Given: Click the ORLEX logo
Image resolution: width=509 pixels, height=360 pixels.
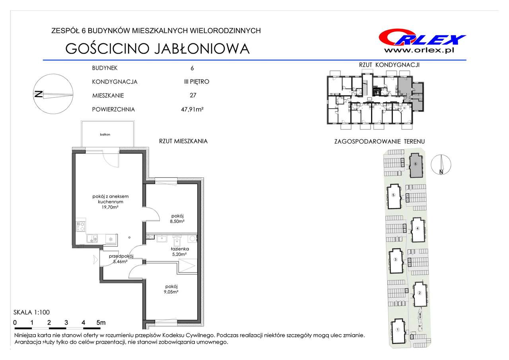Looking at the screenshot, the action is [x=422, y=38].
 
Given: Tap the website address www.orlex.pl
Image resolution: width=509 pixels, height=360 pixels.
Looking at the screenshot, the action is [x=419, y=50].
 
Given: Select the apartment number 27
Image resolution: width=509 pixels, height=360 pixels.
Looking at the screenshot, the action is [x=193, y=95].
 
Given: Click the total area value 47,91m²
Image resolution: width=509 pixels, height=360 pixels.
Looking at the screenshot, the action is [x=192, y=109].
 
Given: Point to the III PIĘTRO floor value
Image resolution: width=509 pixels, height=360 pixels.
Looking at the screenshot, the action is [x=196, y=82].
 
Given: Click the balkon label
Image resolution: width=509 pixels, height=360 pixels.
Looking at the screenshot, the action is [x=105, y=134].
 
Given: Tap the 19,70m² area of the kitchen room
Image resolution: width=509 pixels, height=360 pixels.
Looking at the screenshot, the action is [x=110, y=207].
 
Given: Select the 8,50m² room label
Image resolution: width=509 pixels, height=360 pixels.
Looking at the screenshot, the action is [x=177, y=221].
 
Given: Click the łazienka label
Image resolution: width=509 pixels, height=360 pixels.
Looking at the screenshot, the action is [x=180, y=249].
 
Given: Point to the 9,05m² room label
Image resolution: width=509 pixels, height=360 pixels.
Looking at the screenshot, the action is [x=171, y=292].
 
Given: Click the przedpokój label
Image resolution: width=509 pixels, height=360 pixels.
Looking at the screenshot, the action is [x=121, y=256].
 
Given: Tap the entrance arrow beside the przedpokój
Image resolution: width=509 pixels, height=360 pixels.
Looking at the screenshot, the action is [x=95, y=259].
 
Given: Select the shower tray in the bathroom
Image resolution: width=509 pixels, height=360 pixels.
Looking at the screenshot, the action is [x=187, y=266].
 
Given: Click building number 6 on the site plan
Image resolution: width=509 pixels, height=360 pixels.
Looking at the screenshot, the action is [x=416, y=164].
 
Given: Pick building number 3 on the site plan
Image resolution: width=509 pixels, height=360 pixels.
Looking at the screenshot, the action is [x=396, y=259].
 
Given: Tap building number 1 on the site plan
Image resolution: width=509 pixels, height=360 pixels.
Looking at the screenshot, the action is [x=398, y=330].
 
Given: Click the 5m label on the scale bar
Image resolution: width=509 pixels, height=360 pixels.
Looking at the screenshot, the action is [x=101, y=323].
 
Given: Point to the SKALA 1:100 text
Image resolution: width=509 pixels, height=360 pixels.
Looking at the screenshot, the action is [x=31, y=312].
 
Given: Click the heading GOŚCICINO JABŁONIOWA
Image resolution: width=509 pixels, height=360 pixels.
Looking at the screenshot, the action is [x=157, y=49].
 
